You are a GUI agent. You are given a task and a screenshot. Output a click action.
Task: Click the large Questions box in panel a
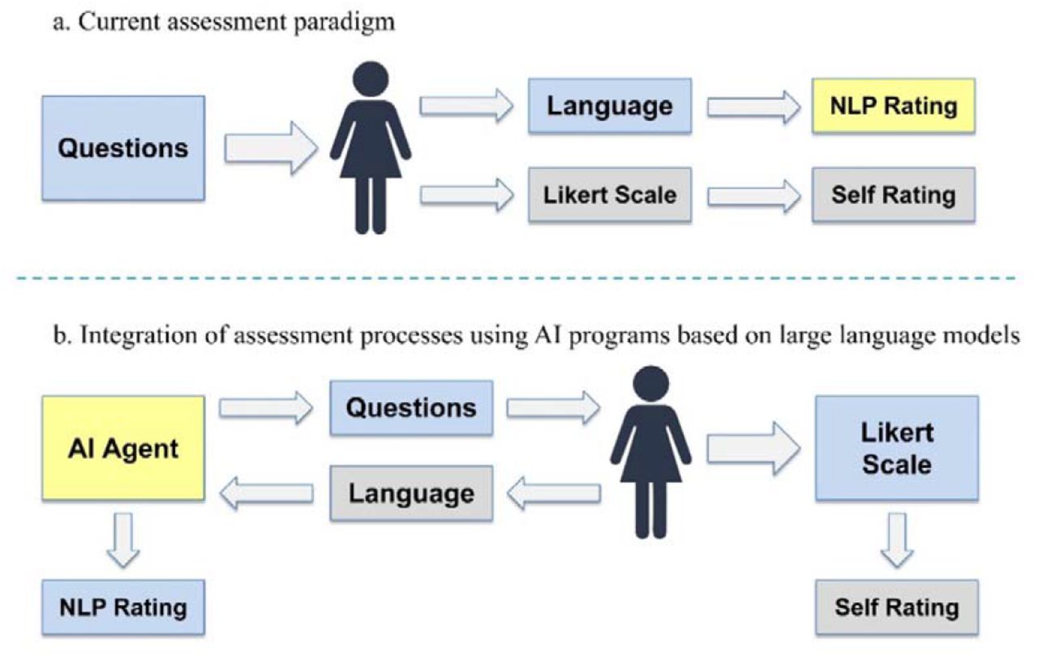(123, 148)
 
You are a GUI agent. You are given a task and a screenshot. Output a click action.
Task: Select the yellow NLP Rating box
(894, 106)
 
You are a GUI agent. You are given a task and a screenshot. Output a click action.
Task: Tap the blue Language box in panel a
(610, 106)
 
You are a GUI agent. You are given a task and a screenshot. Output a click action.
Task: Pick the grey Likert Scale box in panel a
(610, 195)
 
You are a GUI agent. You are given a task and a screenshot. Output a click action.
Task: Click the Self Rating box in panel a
(894, 195)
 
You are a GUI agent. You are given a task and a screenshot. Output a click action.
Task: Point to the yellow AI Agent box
(123, 448)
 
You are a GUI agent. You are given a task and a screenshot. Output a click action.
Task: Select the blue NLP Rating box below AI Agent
(123, 607)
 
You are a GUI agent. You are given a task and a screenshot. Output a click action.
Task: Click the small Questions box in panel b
(411, 408)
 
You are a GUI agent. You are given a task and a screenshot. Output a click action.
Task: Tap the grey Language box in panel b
(411, 493)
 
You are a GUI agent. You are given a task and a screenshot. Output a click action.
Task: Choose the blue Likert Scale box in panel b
(897, 448)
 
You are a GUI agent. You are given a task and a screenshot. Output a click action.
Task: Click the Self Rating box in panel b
(897, 607)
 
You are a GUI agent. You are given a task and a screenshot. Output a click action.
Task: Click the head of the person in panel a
(371, 79)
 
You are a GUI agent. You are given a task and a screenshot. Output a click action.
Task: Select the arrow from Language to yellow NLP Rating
(753, 108)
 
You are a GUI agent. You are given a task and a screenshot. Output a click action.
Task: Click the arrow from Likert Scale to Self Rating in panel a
(753, 196)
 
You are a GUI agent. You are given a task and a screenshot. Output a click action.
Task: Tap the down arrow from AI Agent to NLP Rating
(123, 540)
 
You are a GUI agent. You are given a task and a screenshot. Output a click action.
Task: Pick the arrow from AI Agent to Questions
(266, 408)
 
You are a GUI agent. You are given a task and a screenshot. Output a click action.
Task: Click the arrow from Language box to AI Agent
(266, 493)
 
